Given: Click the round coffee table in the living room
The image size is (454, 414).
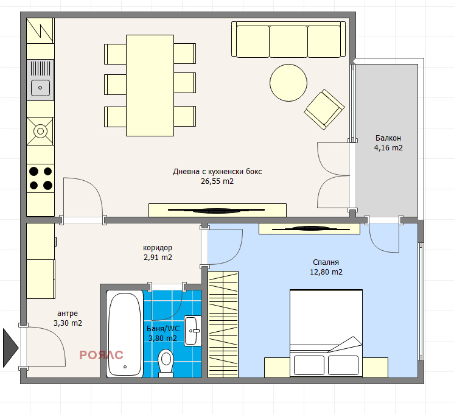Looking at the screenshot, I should (288, 83).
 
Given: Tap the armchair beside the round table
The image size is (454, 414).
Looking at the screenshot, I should (324, 110).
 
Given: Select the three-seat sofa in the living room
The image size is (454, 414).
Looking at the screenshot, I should (288, 39).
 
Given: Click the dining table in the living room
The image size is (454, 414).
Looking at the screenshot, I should (150, 85).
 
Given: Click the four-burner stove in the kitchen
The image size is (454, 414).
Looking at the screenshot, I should (41, 178).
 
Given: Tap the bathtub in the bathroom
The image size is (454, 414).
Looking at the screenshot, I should (125, 333).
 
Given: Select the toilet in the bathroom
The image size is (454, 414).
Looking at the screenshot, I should (165, 362).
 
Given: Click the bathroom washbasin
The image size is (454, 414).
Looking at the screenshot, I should (193, 331).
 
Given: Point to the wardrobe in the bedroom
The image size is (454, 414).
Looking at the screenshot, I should (224, 323).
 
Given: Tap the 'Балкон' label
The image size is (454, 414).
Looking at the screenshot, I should (388, 138).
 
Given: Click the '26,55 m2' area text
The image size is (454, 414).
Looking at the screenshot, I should (217, 181).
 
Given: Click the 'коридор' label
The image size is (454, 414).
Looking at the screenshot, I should (158, 248).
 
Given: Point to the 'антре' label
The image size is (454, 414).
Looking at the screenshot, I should (68, 314).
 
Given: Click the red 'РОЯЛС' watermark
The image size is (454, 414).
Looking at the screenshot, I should (102, 355).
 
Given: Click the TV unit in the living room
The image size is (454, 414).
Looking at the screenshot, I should (217, 210).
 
